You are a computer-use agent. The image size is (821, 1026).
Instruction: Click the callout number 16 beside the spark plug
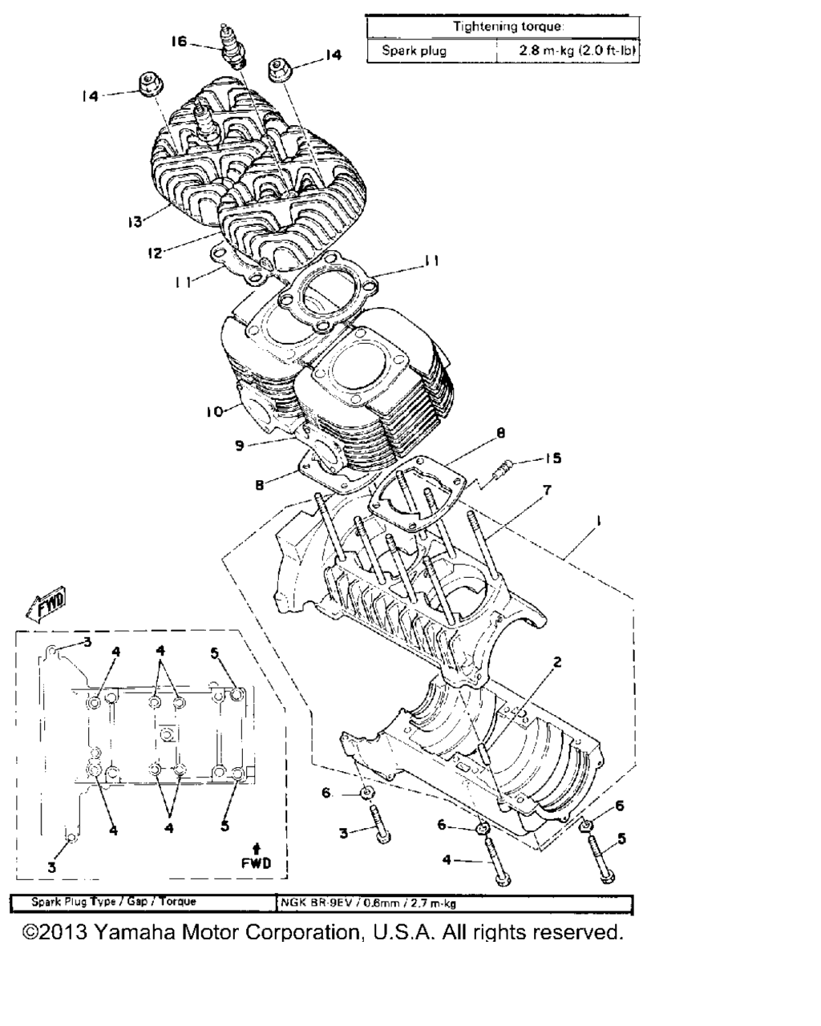[x=179, y=42]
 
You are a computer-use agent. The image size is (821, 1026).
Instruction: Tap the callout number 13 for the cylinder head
[x=135, y=221]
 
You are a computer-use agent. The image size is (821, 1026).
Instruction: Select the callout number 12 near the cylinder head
[x=155, y=252]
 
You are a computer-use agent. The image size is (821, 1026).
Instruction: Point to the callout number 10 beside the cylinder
[x=215, y=411]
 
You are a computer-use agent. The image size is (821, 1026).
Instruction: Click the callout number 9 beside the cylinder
[x=240, y=446]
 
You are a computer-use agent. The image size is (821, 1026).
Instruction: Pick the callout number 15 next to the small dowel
[x=553, y=458]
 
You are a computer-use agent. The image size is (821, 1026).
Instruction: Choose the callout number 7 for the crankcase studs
[x=547, y=490]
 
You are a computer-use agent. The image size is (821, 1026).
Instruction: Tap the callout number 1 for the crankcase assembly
[x=598, y=522]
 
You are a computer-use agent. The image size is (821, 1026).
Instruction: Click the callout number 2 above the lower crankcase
[x=557, y=662]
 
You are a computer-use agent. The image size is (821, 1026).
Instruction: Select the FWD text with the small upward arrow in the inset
[x=257, y=857]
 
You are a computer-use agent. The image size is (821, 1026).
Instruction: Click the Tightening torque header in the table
[x=508, y=26]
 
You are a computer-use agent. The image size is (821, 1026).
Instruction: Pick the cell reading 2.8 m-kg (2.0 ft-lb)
[x=577, y=50]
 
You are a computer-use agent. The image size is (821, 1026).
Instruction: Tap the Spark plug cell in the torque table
[x=414, y=50]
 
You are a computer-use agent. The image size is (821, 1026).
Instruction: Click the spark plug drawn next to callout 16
[x=233, y=46]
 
